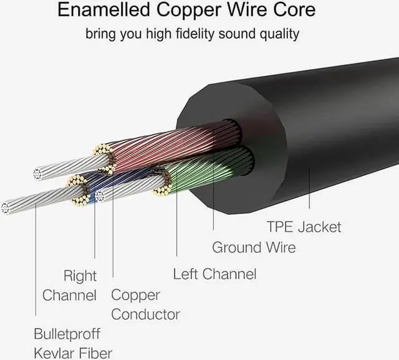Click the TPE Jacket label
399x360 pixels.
click(x=304, y=226)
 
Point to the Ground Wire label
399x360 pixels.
click(x=254, y=247)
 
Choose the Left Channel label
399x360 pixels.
click(x=214, y=274)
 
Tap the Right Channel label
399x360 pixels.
click(x=70, y=285)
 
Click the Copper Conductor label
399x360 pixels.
click(x=145, y=305)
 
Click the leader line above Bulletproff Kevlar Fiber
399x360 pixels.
click(x=36, y=262)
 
